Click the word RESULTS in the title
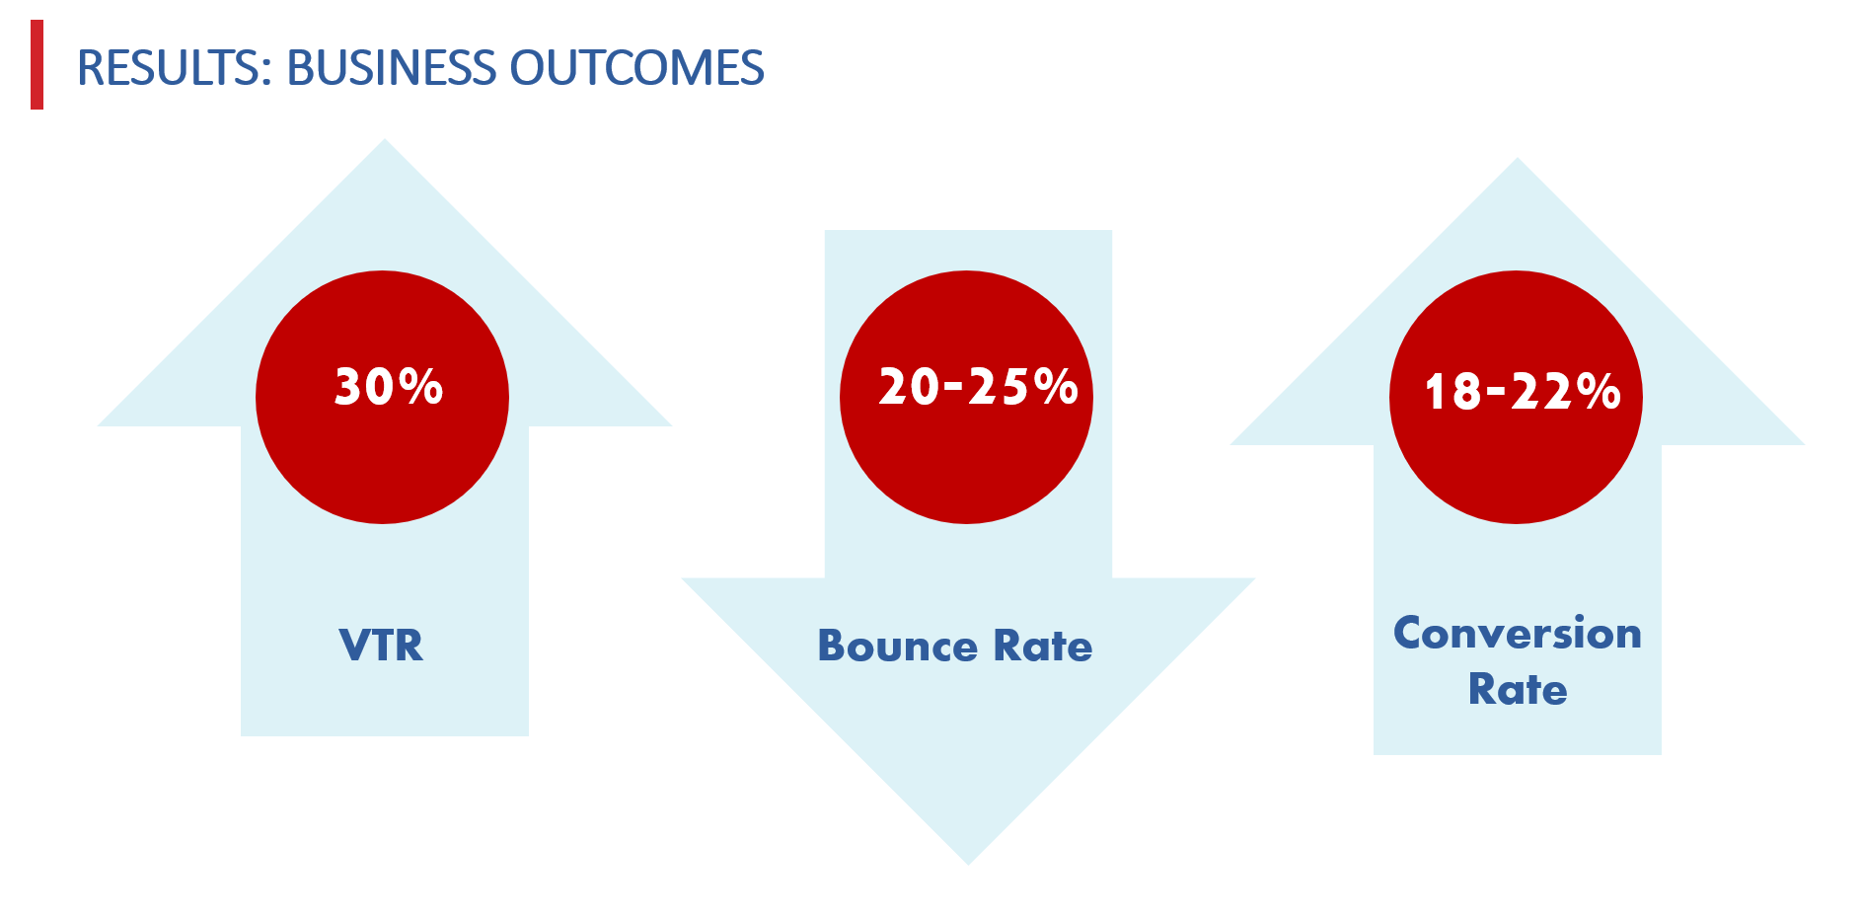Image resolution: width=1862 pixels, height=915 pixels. click(170, 68)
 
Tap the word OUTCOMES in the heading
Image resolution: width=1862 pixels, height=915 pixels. click(636, 68)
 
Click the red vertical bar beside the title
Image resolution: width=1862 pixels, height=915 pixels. click(37, 64)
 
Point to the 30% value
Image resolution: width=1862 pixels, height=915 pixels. click(389, 386)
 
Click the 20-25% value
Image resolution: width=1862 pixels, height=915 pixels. click(978, 386)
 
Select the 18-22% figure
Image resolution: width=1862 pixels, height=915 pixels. click(1522, 391)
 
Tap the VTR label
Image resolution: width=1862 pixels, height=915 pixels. click(381, 646)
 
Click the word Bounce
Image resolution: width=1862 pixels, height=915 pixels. click(898, 646)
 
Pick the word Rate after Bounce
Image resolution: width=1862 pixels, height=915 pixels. click(1042, 646)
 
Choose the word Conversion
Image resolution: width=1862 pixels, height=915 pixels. click(1518, 633)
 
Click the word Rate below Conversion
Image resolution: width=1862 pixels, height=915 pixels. click(1518, 689)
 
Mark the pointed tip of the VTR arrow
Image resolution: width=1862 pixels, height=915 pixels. click(385, 140)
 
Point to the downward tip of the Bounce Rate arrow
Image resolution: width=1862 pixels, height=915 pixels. click(968, 864)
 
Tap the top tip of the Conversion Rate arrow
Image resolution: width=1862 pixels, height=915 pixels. click(1518, 159)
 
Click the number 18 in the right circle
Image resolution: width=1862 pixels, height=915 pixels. click(1453, 391)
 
